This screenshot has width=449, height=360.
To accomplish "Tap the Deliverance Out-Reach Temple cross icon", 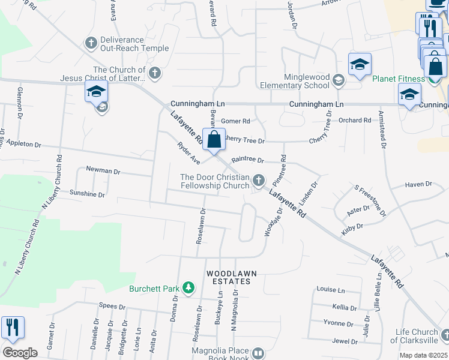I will pyautogui.click(x=91, y=43).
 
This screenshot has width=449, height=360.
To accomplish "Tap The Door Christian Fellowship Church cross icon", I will pyautogui.click(x=259, y=179).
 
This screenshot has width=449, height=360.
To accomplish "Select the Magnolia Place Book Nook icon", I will pyautogui.click(x=259, y=354).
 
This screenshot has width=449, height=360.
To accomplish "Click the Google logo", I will pyautogui.click(x=20, y=353).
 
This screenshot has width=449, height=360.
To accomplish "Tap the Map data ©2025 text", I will pyautogui.click(x=424, y=355).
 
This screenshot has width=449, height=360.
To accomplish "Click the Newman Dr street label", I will pyautogui.click(x=103, y=171).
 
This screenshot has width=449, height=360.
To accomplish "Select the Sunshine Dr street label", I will pyautogui.click(x=87, y=194).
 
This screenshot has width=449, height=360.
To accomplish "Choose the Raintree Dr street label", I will pyautogui.click(x=248, y=160).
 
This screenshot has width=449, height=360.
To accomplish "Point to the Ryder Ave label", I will pyautogui.click(x=188, y=153).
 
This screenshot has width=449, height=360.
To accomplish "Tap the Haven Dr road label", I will pyautogui.click(x=418, y=184).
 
